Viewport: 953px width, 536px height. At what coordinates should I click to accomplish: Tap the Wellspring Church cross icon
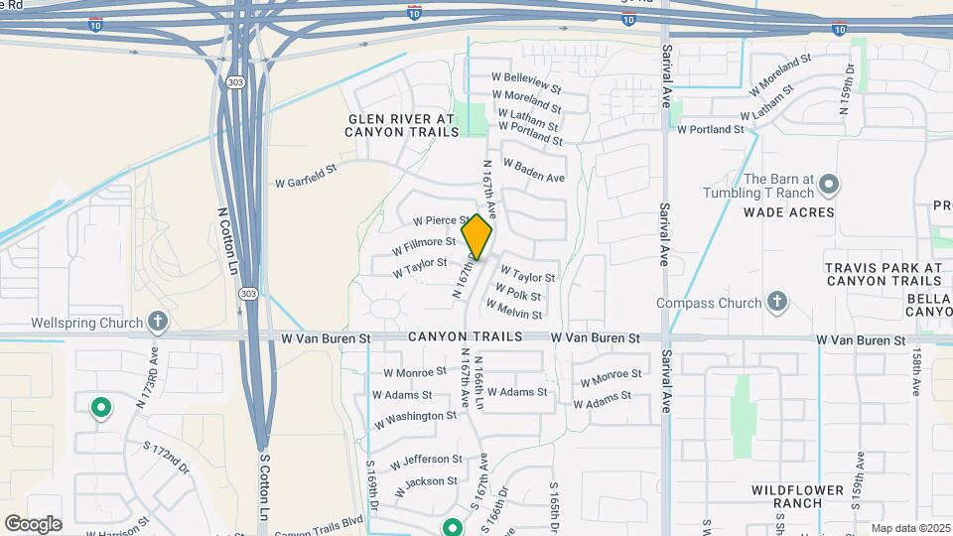coord(157,322)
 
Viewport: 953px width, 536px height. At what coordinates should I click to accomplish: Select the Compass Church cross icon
coord(777,302)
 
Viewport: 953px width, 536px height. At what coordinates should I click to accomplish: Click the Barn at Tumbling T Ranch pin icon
coord(829,185)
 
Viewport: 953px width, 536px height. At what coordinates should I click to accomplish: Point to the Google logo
coord(33,523)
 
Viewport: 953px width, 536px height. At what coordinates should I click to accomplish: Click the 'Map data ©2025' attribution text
coord(910,528)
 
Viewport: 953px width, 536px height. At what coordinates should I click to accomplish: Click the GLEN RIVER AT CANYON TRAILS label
coord(401,124)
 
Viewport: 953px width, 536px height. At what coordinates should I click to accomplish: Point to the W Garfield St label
coord(306,176)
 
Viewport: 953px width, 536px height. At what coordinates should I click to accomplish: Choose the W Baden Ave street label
coord(534,170)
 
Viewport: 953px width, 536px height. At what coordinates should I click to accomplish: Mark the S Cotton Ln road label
coord(264,486)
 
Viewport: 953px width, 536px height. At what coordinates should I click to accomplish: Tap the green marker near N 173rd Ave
coord(100,407)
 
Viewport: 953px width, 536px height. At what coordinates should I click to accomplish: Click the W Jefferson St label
coord(426,462)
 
